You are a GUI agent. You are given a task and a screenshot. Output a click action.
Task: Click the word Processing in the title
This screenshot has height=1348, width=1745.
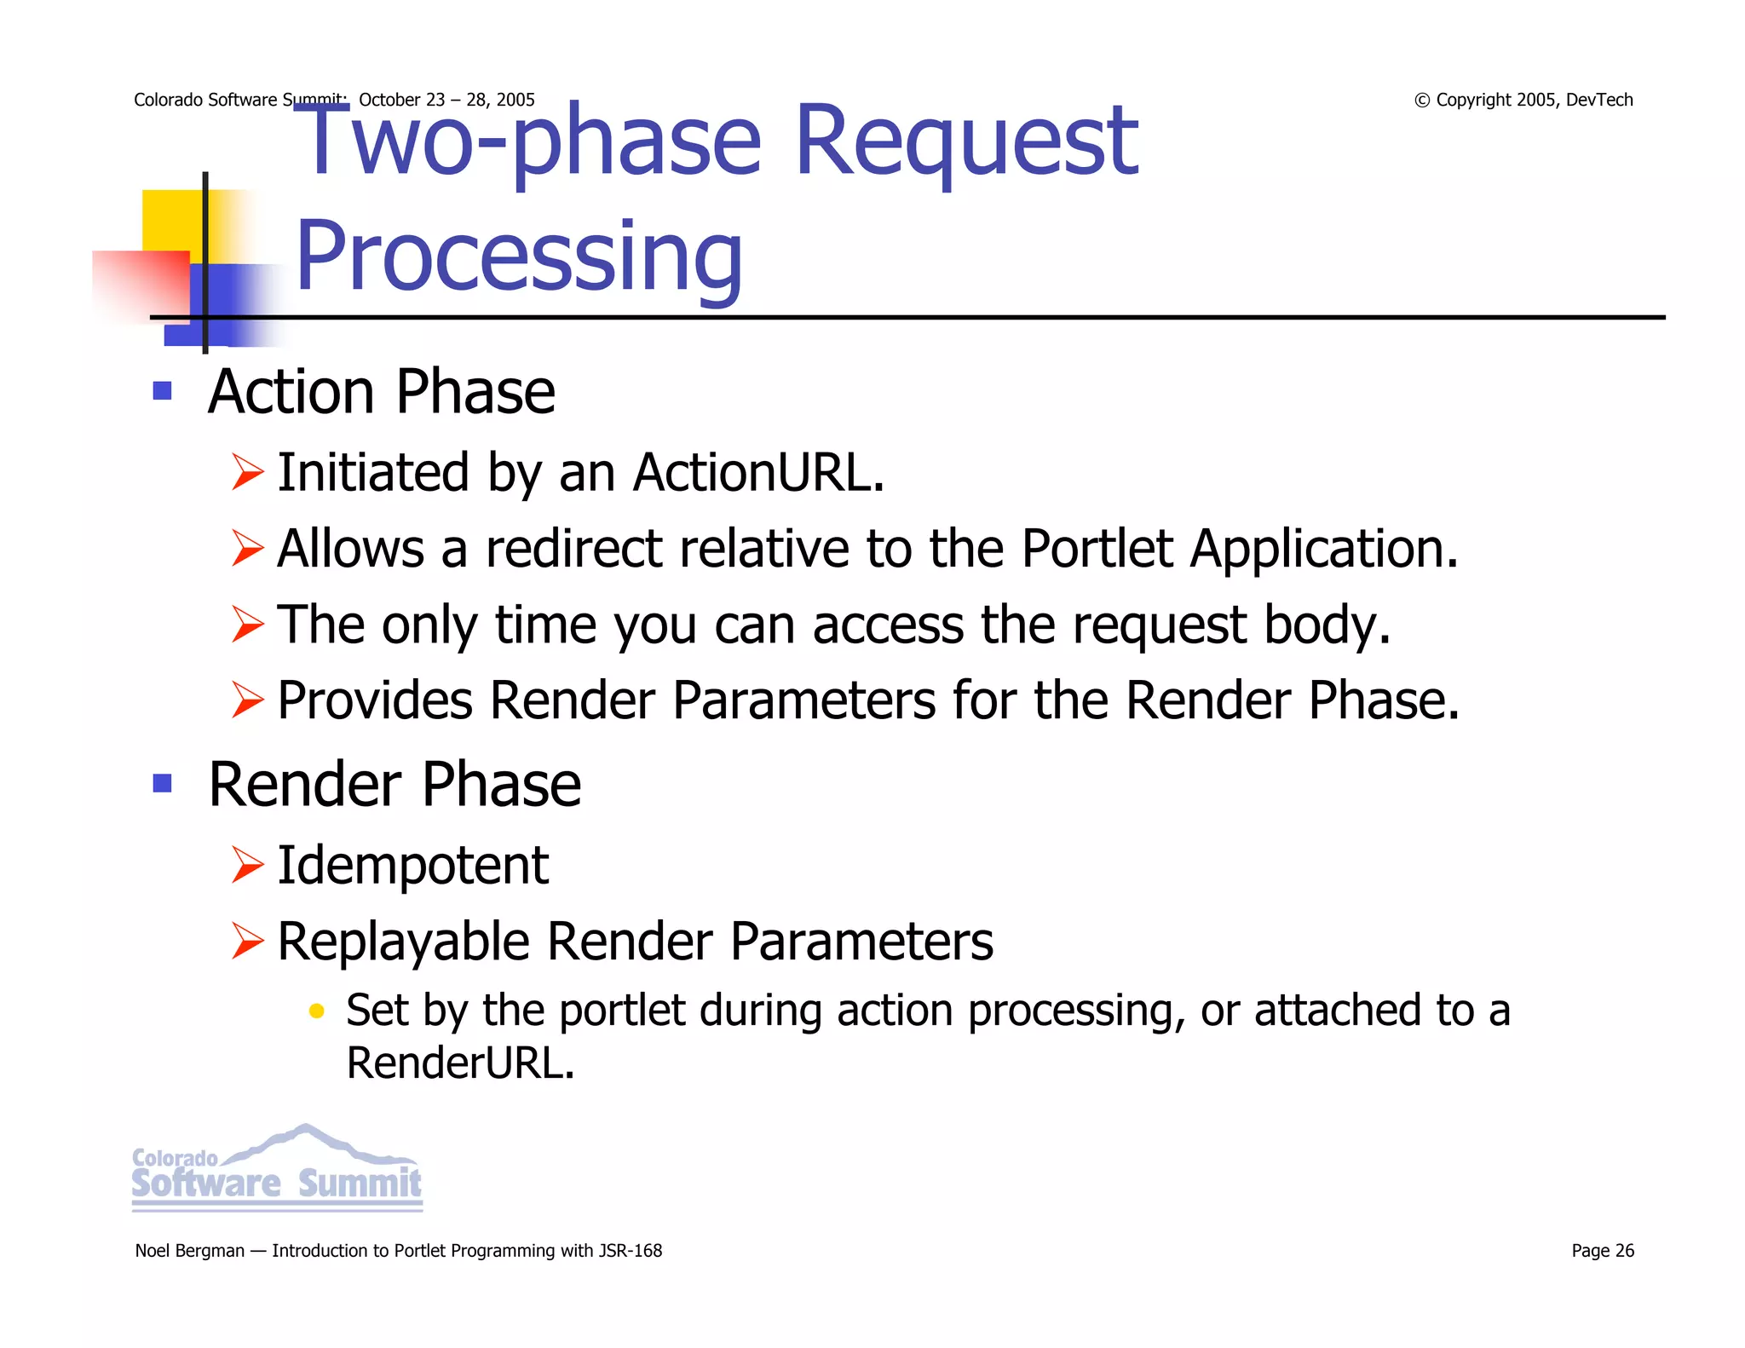(518, 256)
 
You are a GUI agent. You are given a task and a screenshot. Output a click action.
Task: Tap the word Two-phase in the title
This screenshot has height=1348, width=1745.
(528, 141)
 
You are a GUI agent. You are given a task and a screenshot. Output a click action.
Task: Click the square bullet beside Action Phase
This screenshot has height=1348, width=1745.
(162, 392)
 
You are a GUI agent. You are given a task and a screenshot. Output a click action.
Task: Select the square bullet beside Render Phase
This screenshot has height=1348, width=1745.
(162, 783)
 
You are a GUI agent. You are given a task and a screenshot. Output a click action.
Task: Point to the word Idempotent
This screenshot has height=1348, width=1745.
(413, 866)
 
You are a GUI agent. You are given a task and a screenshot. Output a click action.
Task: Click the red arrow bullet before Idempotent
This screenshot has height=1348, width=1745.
(247, 866)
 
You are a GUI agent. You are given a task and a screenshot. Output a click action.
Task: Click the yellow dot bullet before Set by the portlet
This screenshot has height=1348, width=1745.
(316, 1011)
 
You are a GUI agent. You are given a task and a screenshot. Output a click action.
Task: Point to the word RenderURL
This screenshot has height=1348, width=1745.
(460, 1063)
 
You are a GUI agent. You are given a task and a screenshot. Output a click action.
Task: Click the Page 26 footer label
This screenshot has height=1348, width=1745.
(1602, 1251)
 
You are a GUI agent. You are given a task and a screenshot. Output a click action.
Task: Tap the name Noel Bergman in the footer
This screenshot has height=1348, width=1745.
(189, 1251)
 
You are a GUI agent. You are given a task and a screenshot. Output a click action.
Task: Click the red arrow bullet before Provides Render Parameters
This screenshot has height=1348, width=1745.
(247, 700)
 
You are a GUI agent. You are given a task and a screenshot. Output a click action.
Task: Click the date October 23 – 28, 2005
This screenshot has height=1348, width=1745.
(446, 100)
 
